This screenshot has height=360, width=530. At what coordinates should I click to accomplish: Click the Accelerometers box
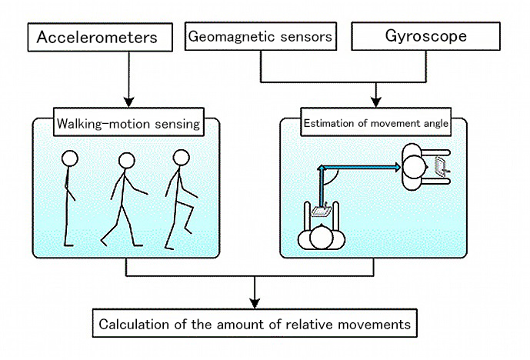100,37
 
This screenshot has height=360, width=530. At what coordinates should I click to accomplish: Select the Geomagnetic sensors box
261,36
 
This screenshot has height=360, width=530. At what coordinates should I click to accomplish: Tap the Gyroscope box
425,36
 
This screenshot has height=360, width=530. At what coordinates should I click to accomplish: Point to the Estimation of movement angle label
376,122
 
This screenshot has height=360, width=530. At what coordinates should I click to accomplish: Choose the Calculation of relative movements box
255,323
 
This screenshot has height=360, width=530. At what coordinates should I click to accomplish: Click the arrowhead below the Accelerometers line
128,102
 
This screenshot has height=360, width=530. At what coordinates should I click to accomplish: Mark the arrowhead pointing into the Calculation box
255,303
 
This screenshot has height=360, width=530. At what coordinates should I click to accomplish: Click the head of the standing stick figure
70,158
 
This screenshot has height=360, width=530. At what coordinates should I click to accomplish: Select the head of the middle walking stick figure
127,161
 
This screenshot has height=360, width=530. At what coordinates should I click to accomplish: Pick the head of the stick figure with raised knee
182,158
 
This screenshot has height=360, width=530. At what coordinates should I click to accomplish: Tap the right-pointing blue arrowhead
397,167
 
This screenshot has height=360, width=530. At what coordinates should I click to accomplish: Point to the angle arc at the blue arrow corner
333,179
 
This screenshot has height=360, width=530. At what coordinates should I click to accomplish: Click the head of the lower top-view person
322,237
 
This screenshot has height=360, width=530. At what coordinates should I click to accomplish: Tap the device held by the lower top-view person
321,211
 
